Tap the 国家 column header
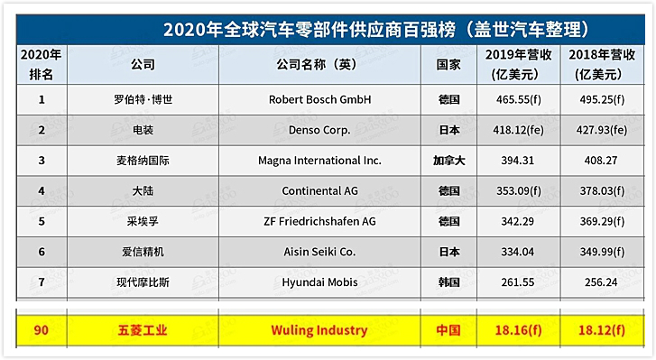pos(449,65)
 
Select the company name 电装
pos(143,129)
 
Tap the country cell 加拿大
pos(448,160)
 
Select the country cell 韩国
pos(448,282)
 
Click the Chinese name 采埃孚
pos(143,221)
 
